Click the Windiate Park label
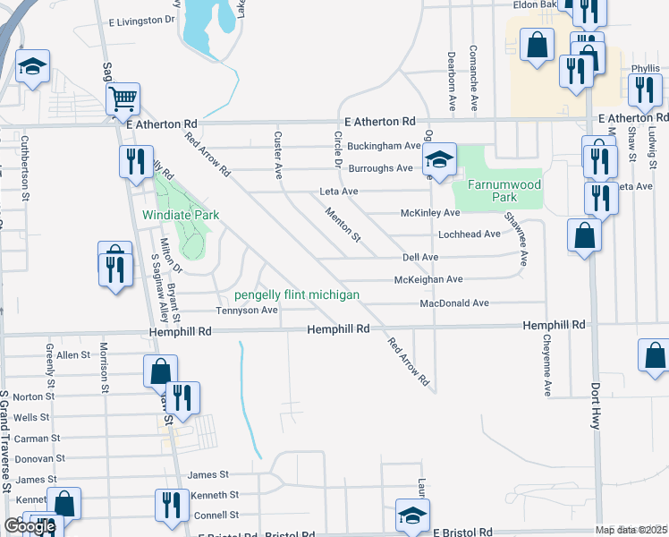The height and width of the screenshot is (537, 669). [180, 215]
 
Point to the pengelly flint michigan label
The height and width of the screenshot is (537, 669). [297, 294]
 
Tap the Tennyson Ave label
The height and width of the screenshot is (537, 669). [247, 311]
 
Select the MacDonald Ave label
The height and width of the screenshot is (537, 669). [454, 303]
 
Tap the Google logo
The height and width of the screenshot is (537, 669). [30, 526]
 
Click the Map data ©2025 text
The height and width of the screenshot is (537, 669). [631, 530]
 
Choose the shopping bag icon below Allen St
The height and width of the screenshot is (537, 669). [160, 371]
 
